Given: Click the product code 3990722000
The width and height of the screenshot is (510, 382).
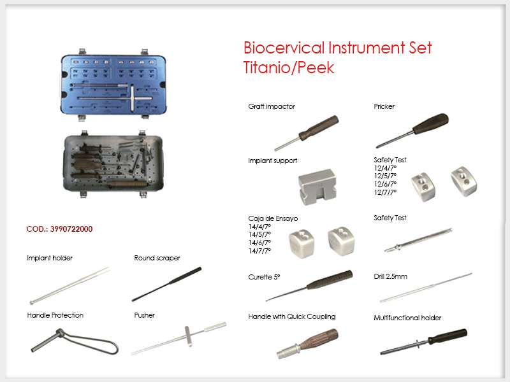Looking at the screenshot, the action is click(71, 229).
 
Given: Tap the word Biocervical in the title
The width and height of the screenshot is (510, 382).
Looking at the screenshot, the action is click(284, 48).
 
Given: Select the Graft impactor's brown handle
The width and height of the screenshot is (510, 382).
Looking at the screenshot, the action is click(319, 128).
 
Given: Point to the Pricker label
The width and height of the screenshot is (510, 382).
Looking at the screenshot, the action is click(384, 106).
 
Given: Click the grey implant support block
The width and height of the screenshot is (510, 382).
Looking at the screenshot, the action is click(317, 187).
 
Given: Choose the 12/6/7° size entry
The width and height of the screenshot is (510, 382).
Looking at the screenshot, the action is click(385, 184).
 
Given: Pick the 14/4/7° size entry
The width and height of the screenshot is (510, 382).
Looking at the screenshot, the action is click(259, 227).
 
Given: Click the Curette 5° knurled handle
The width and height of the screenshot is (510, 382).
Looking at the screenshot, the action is click(330, 279).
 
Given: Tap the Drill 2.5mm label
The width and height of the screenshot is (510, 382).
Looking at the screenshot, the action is click(390, 276).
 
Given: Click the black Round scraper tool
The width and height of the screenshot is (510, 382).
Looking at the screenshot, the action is click(166, 284).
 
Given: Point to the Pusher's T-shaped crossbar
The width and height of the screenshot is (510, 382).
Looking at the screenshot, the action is click(188, 336).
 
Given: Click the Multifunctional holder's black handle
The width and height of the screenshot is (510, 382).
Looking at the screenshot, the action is click(448, 337).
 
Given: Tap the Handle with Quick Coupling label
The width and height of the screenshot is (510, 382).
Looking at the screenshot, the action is click(292, 316).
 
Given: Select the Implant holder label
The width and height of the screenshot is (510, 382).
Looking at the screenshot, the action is click(50, 258).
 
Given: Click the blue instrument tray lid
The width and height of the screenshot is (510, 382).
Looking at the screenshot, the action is click(113, 85).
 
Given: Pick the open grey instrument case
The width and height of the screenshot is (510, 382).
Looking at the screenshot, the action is click(113, 164).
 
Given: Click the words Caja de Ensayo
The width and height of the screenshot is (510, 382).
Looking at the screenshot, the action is click(273, 218).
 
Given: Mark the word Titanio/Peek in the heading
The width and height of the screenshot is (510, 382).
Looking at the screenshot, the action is click(289, 67).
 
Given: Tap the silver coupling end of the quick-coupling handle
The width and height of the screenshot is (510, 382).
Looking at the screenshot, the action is click(289, 351).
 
